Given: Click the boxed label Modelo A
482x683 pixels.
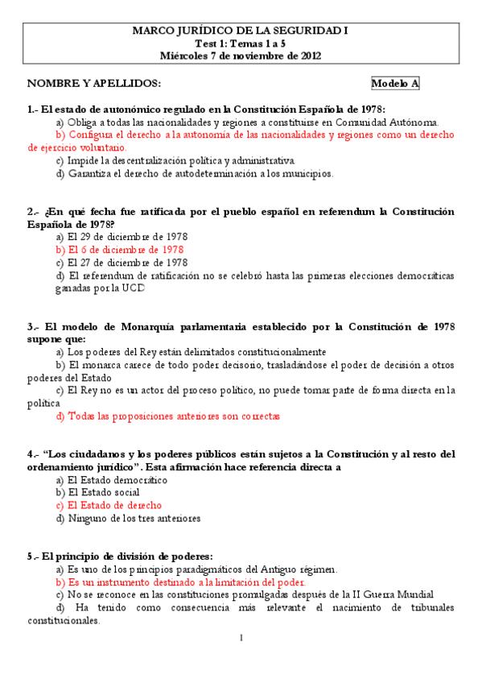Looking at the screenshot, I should point(394,84).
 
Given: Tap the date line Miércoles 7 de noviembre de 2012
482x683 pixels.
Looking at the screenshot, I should point(241,56).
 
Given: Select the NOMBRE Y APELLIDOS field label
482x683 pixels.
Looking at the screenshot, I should point(94,84).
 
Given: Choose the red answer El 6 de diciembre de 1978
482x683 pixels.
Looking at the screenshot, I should point(120,250).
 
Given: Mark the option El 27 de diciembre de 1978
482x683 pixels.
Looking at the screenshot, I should point(122,263).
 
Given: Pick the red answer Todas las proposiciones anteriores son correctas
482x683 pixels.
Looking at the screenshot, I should point(168,416).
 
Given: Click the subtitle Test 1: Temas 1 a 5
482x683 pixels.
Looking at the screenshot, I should point(241,43).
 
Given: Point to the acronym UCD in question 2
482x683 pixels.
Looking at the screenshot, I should point(134,288).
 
